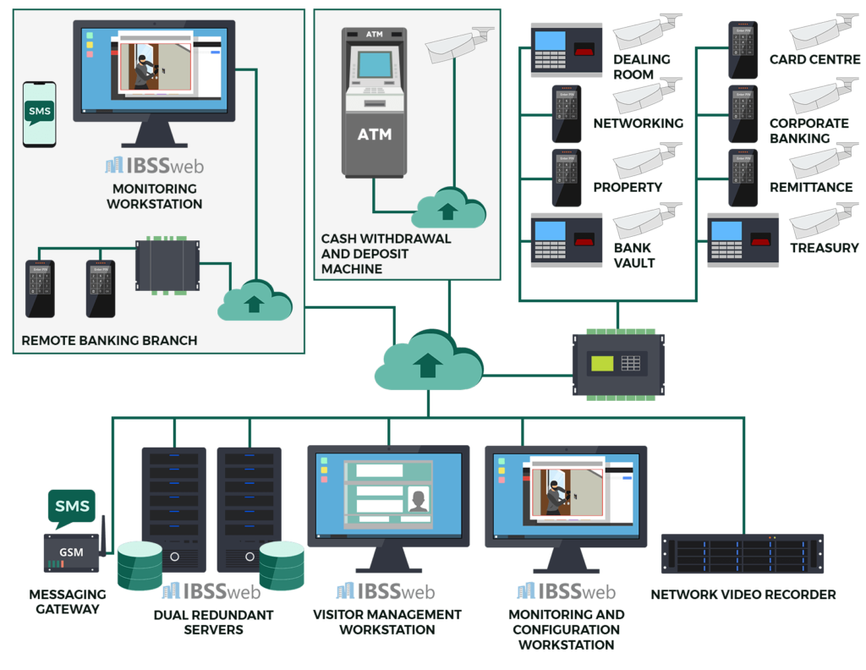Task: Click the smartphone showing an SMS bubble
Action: coord(40,114)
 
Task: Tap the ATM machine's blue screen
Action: coord(374,65)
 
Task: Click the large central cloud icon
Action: coord(429,361)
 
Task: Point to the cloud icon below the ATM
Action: coord(448,207)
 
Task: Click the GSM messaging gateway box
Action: coord(71,552)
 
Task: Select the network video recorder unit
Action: coord(742,554)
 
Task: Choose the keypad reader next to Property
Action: coord(566,178)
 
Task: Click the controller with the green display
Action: coord(618,365)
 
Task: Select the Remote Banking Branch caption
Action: coord(109,340)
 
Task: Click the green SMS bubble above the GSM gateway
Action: coord(71,507)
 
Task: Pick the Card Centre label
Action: coord(814,60)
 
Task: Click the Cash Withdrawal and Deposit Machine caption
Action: coord(386,254)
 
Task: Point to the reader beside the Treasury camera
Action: coord(743,239)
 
